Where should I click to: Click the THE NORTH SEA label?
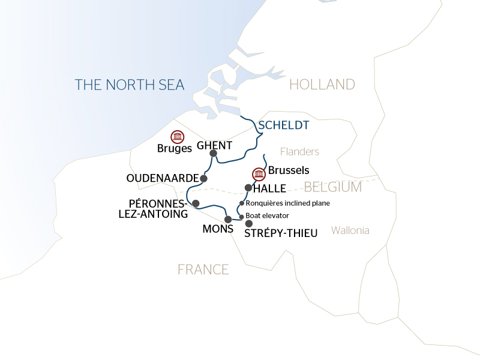pos(130,85)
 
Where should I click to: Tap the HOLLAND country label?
pos(322,85)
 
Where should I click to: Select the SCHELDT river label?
pos(284,125)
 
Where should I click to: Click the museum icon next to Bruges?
pos(177,137)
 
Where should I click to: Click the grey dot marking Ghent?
pos(213,154)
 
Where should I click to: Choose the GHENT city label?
pos(214,145)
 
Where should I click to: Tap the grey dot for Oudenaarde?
pos(204,179)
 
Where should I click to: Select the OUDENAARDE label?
pos(162,179)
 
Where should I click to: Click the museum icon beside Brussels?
pos(259,174)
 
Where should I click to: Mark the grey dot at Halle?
pos(248,188)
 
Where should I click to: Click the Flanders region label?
pos(299,152)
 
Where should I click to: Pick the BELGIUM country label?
pos(332,187)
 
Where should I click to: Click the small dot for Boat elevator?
pos(242,217)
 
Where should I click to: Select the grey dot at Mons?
pos(227,219)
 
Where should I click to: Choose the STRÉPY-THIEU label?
pos(281,233)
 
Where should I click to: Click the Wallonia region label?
pos(350,230)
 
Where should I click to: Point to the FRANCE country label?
pos(203,269)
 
